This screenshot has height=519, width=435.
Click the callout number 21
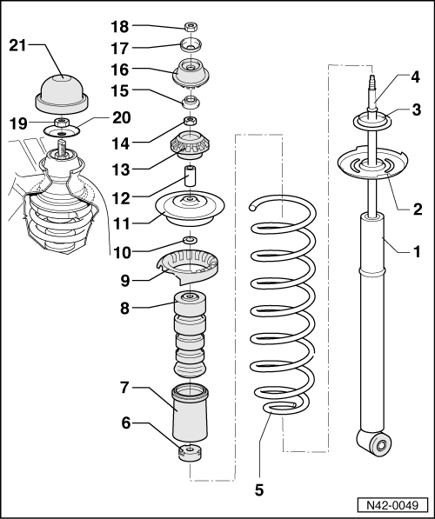click(17, 45)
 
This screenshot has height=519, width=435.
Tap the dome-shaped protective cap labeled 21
click(63, 94)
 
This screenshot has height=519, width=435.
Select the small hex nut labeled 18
click(191, 26)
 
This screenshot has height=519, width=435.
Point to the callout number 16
click(119, 70)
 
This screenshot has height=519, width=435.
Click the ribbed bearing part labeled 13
click(190, 145)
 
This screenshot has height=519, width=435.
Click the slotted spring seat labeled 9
click(188, 267)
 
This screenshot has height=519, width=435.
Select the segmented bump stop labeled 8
click(190, 335)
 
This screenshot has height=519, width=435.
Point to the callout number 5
click(259, 489)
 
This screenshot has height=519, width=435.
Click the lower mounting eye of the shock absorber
click(374, 442)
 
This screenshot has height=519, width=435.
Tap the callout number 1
click(417, 251)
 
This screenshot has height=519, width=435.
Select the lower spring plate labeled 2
click(372, 163)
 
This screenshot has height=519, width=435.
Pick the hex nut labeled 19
click(61, 123)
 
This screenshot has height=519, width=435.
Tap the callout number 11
click(122, 223)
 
